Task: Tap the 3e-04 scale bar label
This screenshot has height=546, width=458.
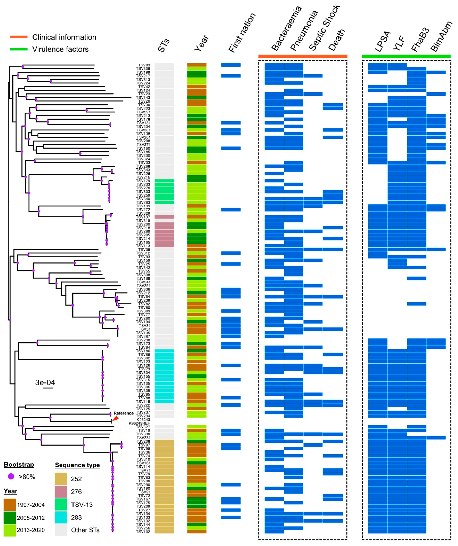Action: coord(45,382)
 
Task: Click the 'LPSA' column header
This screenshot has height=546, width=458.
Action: coord(382,42)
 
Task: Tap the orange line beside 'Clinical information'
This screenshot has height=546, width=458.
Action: coord(19,37)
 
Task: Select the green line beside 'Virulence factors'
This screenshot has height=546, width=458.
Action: coord(19,49)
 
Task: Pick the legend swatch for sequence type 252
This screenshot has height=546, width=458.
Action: coord(61,479)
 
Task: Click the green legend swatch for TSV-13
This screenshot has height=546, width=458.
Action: coord(61,504)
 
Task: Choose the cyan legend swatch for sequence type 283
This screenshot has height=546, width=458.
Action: coord(61,517)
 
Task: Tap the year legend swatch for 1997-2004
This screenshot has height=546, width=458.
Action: coord(10,505)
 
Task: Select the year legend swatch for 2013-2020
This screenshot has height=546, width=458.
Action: coord(10,530)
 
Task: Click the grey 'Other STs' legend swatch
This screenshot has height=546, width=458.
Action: coord(61,530)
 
